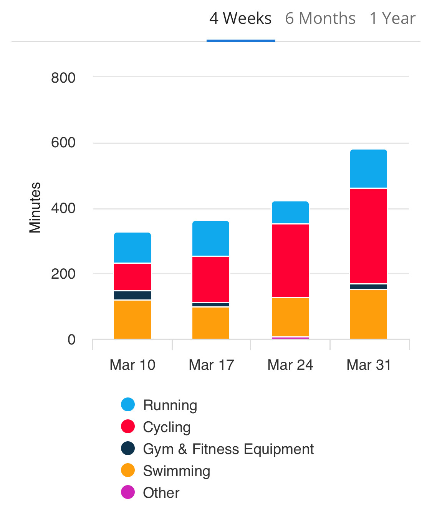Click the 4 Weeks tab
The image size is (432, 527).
(240, 19)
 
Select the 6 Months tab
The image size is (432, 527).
(320, 19)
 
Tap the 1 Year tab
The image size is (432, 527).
(392, 19)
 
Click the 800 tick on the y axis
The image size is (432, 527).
(63, 78)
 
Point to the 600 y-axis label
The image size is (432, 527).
(63, 143)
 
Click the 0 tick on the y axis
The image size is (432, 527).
(71, 340)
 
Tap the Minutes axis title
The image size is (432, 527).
(35, 208)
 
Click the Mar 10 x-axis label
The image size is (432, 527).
(132, 365)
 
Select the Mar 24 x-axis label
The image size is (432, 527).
(290, 365)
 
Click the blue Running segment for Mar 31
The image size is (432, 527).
(369, 169)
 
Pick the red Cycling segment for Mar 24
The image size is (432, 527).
(290, 261)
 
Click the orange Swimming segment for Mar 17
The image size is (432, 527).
(211, 323)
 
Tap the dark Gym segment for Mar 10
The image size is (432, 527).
(132, 295)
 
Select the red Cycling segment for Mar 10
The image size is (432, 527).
(132, 277)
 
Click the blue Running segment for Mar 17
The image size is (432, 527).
(211, 238)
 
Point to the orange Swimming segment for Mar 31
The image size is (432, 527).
(369, 314)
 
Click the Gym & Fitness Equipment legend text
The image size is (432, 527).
(228, 449)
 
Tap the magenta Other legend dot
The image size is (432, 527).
(128, 492)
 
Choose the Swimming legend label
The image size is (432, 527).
(177, 471)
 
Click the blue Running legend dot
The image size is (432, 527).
(128, 405)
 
